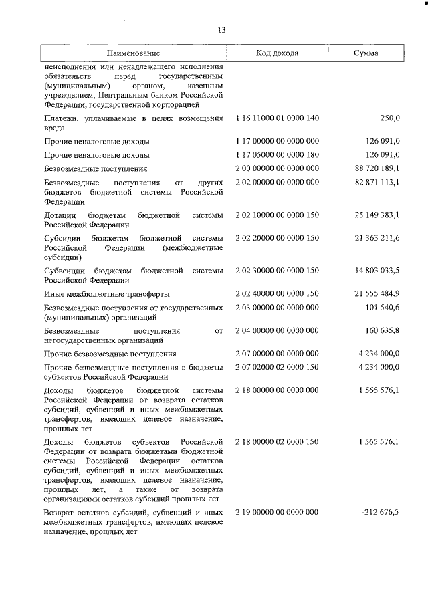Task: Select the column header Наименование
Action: (133, 53)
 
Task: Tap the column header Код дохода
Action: (277, 53)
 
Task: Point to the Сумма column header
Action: (366, 53)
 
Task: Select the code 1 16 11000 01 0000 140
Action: (277, 118)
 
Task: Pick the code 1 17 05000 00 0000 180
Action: (277, 155)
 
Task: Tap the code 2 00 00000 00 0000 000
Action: (277, 169)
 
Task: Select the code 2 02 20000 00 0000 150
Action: (277, 239)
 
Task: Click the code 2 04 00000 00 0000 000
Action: (277, 331)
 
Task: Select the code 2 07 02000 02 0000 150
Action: (277, 368)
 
